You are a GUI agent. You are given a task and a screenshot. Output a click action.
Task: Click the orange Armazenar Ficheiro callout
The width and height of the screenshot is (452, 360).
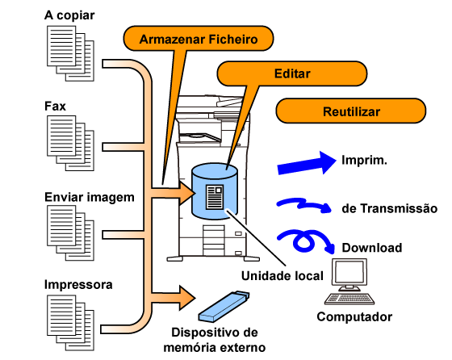[x=199, y=39]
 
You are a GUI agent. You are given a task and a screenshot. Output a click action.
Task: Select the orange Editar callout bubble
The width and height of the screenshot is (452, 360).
[x=291, y=73]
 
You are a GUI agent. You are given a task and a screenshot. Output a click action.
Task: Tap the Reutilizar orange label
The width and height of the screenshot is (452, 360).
[x=351, y=111]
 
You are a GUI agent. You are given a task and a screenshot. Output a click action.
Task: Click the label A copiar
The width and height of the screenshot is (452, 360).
[x=69, y=15]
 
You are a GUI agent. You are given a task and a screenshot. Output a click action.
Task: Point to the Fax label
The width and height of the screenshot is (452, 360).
[x=55, y=106]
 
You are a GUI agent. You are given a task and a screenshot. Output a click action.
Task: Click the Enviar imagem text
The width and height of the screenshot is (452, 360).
[x=90, y=198]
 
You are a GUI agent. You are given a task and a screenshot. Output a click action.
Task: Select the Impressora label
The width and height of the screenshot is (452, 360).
[x=78, y=284]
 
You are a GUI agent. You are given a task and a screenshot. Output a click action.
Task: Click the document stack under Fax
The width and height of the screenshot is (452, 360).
[x=70, y=143]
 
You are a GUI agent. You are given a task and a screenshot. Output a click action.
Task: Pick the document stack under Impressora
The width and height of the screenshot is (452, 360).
[x=70, y=323]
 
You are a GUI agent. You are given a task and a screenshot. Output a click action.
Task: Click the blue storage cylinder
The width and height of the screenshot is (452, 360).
[x=215, y=191]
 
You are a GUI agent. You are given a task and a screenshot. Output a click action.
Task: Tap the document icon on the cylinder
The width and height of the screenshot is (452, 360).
[x=215, y=197]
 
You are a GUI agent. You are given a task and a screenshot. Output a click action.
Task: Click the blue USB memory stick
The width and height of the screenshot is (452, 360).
[x=224, y=307]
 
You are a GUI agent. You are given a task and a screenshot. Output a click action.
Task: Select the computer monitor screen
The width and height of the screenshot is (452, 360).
[x=349, y=272]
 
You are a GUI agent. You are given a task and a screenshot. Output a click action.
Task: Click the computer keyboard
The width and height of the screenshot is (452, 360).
[x=349, y=299]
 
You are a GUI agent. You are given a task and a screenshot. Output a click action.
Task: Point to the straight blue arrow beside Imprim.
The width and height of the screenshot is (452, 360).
[x=307, y=163]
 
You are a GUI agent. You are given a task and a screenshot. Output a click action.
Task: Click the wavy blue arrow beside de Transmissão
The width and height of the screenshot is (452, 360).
[x=304, y=205]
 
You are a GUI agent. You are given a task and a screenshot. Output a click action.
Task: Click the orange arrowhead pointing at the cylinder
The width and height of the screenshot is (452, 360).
[x=186, y=193]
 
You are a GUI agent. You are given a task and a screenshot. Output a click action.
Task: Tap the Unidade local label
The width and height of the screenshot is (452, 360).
[x=282, y=276]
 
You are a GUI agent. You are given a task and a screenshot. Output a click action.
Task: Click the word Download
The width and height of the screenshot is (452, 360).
[x=372, y=248]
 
